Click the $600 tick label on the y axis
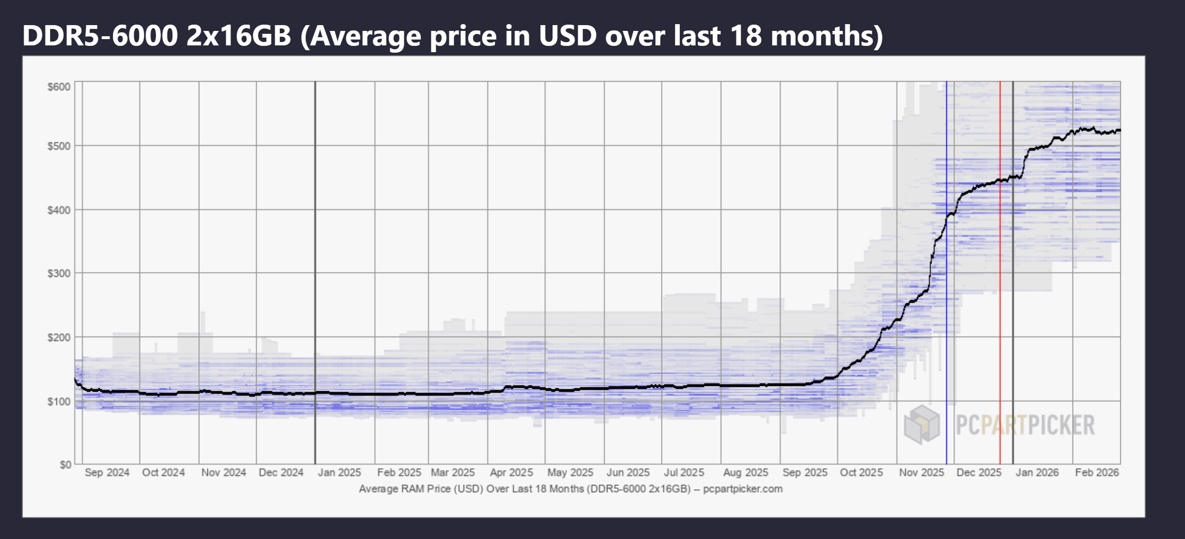pos(59,87)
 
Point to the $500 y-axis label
pos(59,146)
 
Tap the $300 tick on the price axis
pos(59,274)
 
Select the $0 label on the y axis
pos(65,465)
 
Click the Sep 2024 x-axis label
pos(107,472)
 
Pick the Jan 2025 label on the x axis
pos(339,472)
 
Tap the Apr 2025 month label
pos(511,472)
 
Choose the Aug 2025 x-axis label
pos(745,472)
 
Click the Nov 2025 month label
pos(921,472)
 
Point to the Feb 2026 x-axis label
pos(1097,472)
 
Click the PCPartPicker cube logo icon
pos(922,425)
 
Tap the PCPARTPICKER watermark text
pos(1025,426)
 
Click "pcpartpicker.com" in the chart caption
pos(743,489)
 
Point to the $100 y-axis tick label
pos(59,402)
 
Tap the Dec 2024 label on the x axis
pos(281,472)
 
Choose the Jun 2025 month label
pos(628,472)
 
